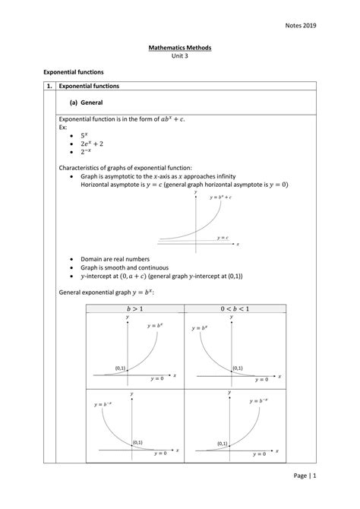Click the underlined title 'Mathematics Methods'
click(179, 48)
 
